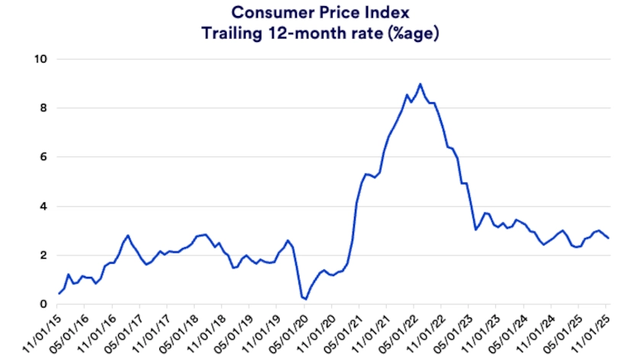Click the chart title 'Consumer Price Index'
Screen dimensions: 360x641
click(x=320, y=12)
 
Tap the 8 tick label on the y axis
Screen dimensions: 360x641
click(x=42, y=108)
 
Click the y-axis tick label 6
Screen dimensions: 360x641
click(x=42, y=157)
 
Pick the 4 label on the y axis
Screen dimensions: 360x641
click(x=42, y=207)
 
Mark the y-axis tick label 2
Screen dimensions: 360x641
click(x=42, y=256)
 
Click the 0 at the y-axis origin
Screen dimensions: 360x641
click(x=42, y=304)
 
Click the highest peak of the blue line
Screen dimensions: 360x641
click(x=420, y=84)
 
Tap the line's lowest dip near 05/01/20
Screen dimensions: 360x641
click(x=305, y=299)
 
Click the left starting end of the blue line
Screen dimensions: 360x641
click(x=59, y=294)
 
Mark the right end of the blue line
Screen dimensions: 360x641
click(x=608, y=238)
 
